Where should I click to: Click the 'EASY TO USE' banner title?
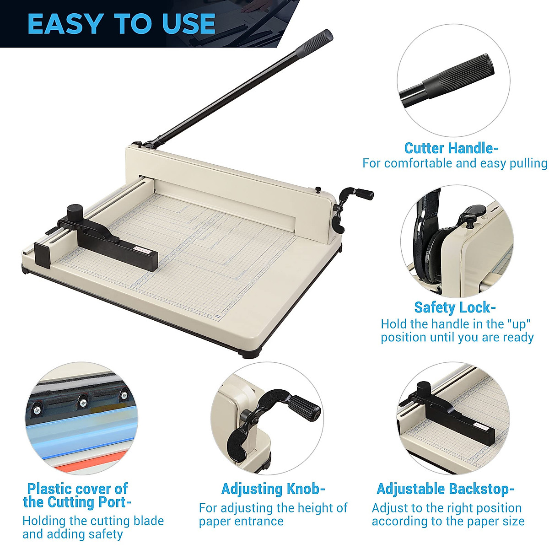click(x=121, y=24)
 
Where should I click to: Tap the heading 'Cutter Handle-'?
click(x=451, y=148)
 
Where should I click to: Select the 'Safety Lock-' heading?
click(x=455, y=307)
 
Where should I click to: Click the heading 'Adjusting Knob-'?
click(x=273, y=489)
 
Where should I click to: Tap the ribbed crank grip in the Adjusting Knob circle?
click(x=304, y=407)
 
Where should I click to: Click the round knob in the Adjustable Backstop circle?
click(x=425, y=388)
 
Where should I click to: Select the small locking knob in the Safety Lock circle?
click(x=471, y=213)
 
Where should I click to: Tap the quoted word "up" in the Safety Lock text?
click(x=521, y=324)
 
